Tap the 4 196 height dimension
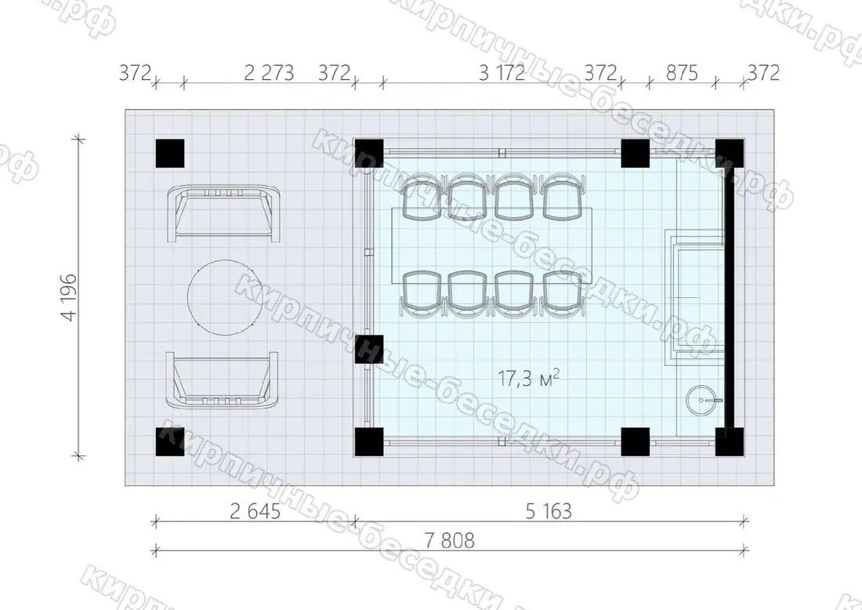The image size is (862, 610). point(70,297)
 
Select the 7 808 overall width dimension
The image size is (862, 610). point(449,540)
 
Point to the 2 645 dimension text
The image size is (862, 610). point(255,511)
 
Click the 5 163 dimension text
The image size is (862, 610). point(549,511)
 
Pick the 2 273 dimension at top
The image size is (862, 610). point(269,73)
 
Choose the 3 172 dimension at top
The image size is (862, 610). point(502,73)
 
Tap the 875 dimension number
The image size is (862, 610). point(682,73)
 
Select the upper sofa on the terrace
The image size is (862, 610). point(223,214)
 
